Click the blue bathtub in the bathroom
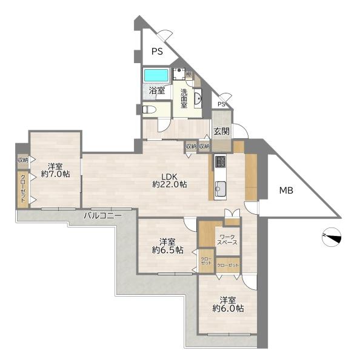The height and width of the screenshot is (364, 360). tap(156, 75)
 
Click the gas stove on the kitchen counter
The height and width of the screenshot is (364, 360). tap(220, 161)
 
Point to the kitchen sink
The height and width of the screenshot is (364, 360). tap(221, 188)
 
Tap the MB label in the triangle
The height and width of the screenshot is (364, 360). tap(286, 190)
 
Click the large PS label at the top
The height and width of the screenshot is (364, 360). tap(157, 52)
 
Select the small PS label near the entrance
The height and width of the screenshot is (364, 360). tap(221, 104)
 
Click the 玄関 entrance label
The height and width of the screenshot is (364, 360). tap(222, 132)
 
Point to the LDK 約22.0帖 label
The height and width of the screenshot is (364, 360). tap(169, 180)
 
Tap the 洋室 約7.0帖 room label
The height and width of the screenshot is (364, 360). tap(55, 170)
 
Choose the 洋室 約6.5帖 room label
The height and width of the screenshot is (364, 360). tap(168, 246)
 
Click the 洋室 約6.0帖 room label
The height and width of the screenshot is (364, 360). tap(228, 305)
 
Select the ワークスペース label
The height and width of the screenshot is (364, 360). tap(227, 240)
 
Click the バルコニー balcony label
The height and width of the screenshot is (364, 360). tap(102, 215)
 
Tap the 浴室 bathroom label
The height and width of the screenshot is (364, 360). tap(157, 90)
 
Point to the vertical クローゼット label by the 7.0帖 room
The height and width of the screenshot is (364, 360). tap(23, 189)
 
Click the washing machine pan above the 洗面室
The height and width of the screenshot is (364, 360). tap(179, 74)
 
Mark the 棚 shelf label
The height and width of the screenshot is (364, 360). tap(189, 75)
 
